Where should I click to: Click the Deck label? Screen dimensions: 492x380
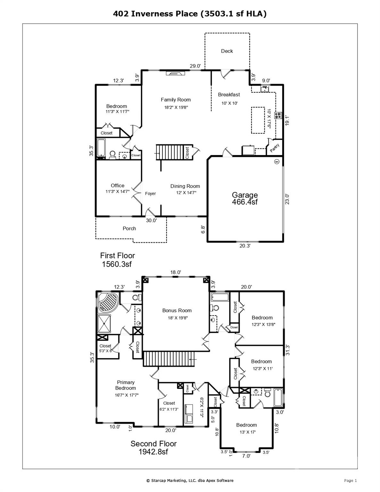[x=227, y=51]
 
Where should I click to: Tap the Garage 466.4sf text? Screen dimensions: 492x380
[x=245, y=198]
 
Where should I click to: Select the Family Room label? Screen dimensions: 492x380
[x=176, y=100]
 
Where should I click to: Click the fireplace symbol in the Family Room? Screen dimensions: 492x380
[x=175, y=73]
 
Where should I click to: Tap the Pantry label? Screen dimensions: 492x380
[x=275, y=148]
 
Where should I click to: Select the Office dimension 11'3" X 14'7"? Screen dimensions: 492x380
[x=118, y=192]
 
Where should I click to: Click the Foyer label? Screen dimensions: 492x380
[x=150, y=193]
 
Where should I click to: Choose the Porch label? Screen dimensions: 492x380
[x=129, y=228]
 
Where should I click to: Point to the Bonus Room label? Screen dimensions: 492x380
[x=177, y=310]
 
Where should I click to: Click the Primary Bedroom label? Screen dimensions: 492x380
[x=126, y=385]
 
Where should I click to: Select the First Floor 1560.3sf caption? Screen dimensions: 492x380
[x=117, y=260]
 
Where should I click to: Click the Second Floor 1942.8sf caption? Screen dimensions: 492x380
[x=153, y=448]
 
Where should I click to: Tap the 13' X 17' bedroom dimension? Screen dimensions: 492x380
[x=246, y=432]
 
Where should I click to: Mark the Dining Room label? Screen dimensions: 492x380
[x=185, y=186]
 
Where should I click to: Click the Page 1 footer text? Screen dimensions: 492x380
[x=350, y=480]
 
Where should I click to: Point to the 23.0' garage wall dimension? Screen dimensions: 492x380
[x=287, y=199]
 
